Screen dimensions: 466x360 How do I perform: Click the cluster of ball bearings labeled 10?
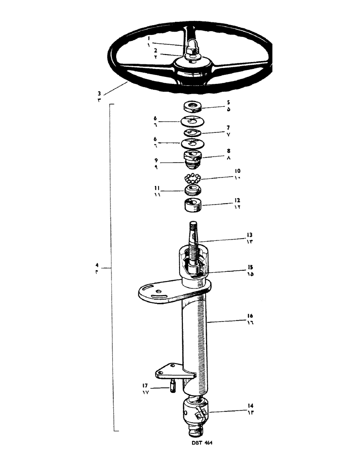[x=192, y=178]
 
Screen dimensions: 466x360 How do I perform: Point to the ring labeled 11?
[x=192, y=190]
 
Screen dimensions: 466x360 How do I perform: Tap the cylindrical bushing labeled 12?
[x=192, y=205]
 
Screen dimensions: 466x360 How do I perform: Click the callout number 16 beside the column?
[x=250, y=316]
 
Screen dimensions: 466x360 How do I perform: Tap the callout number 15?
[x=250, y=267]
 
